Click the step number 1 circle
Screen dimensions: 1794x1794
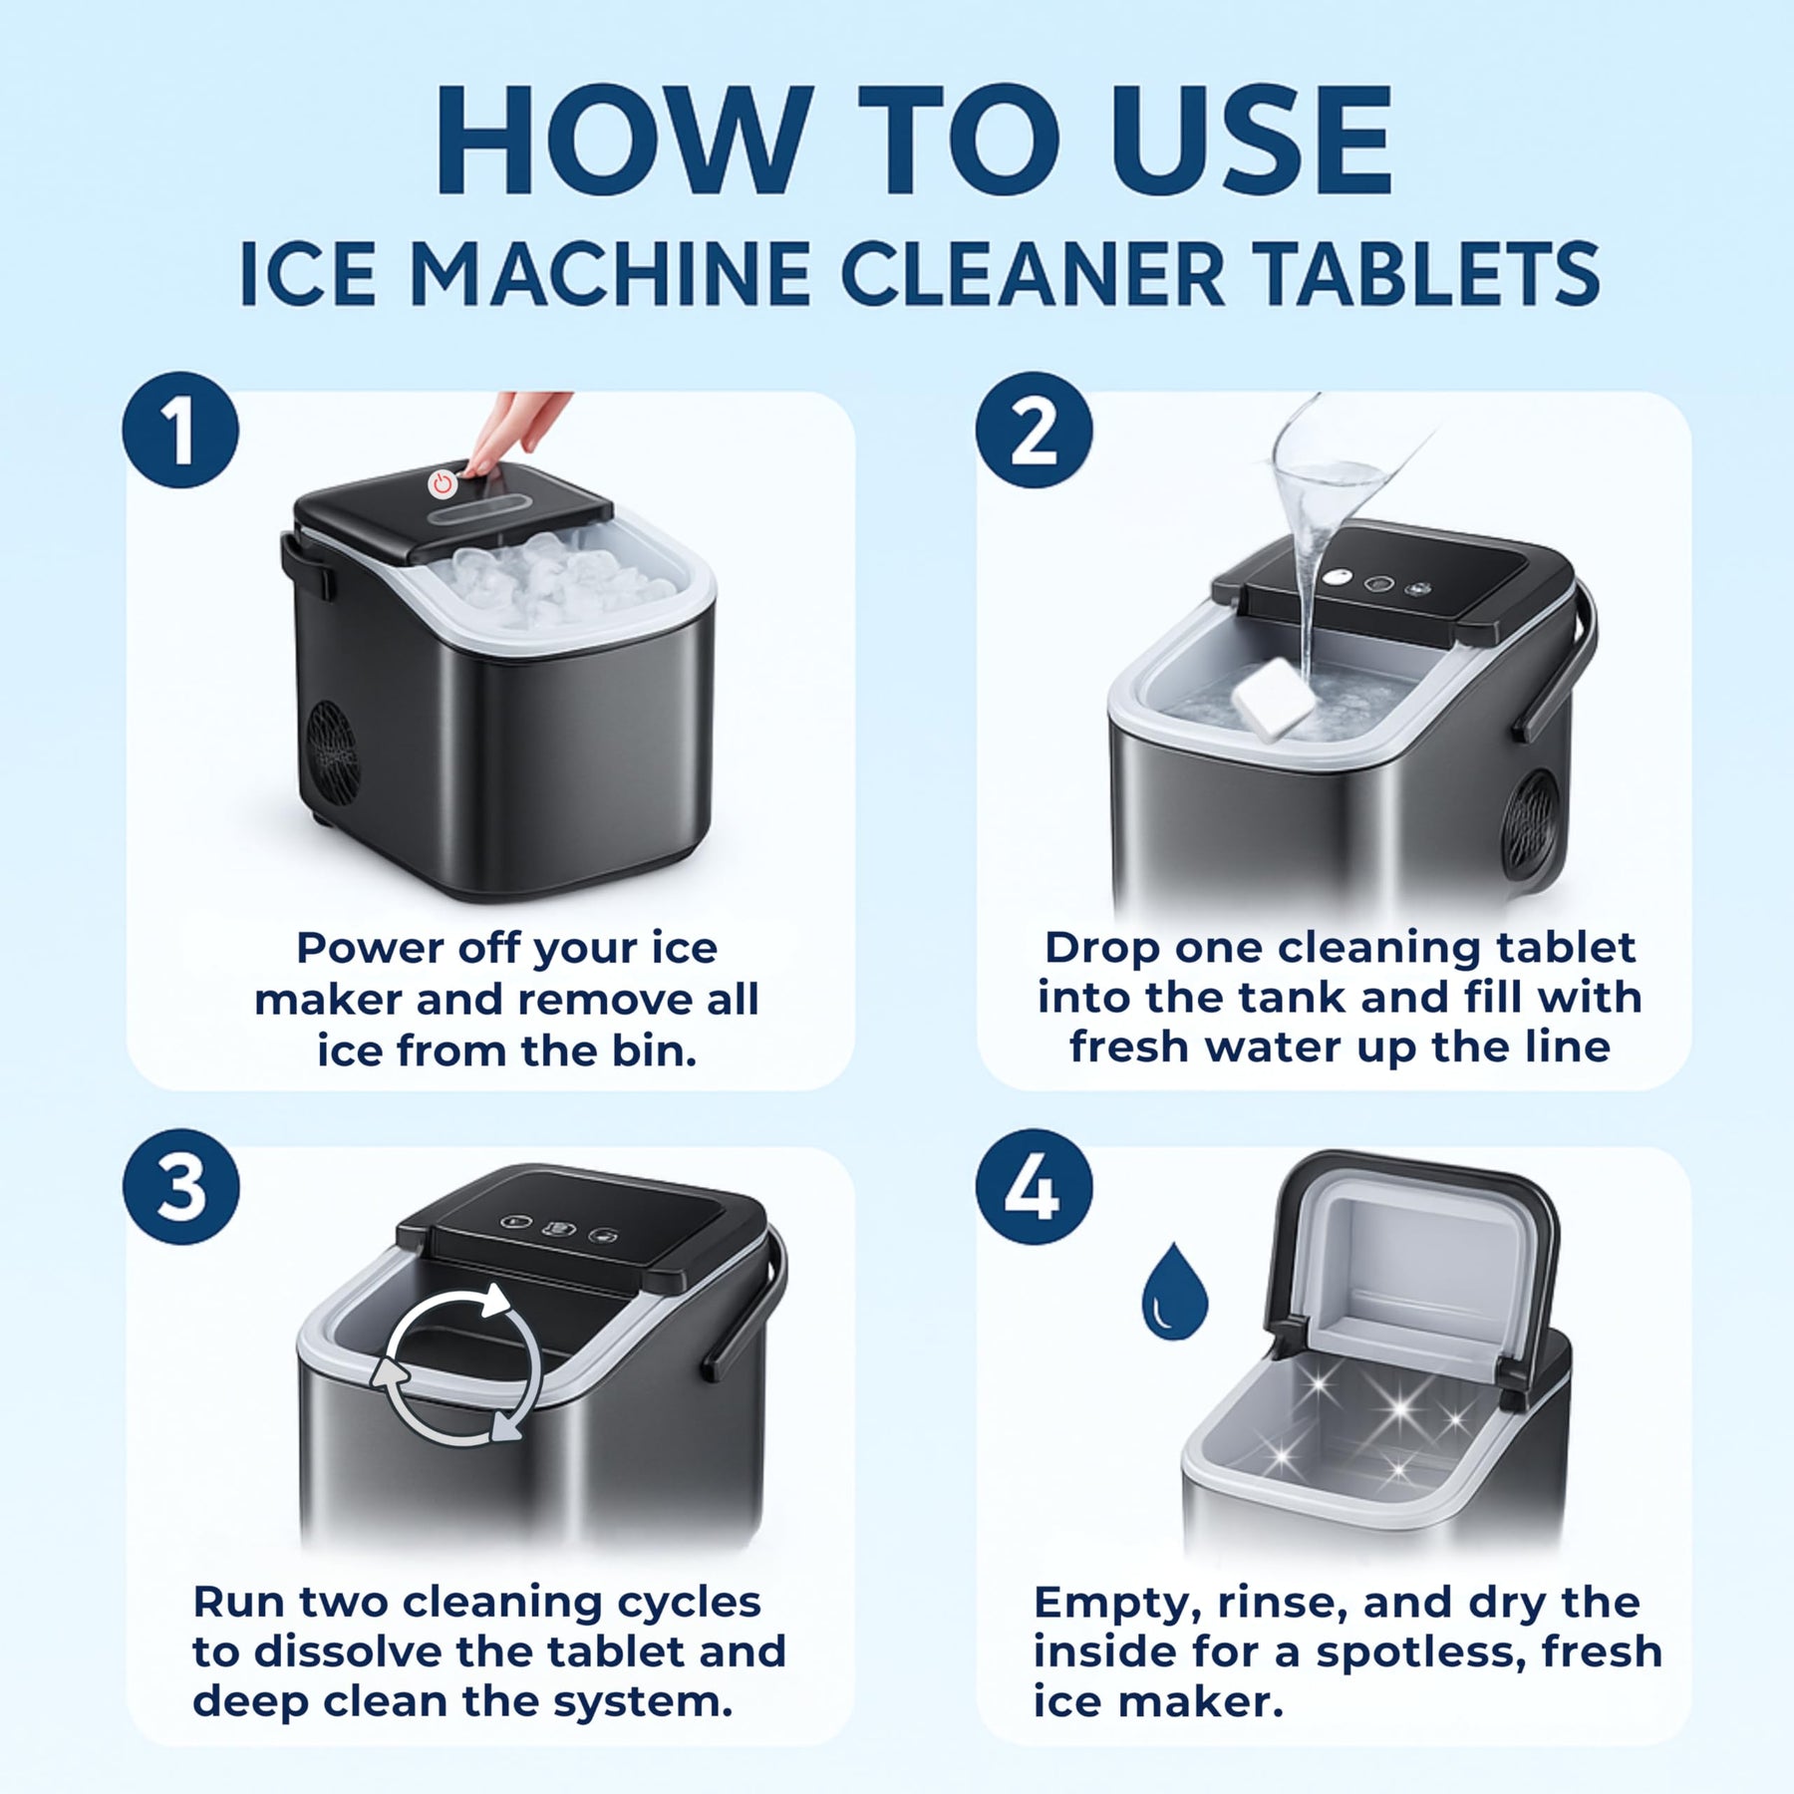(x=180, y=431)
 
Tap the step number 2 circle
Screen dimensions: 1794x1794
(x=1034, y=431)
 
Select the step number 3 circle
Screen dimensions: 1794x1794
(x=180, y=1186)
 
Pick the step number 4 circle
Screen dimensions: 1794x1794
(x=1034, y=1186)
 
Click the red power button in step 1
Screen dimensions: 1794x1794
(x=443, y=484)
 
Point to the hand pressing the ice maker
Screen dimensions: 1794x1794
(x=513, y=429)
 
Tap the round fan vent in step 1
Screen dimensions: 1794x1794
(x=331, y=752)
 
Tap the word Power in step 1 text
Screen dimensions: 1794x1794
(x=370, y=948)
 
